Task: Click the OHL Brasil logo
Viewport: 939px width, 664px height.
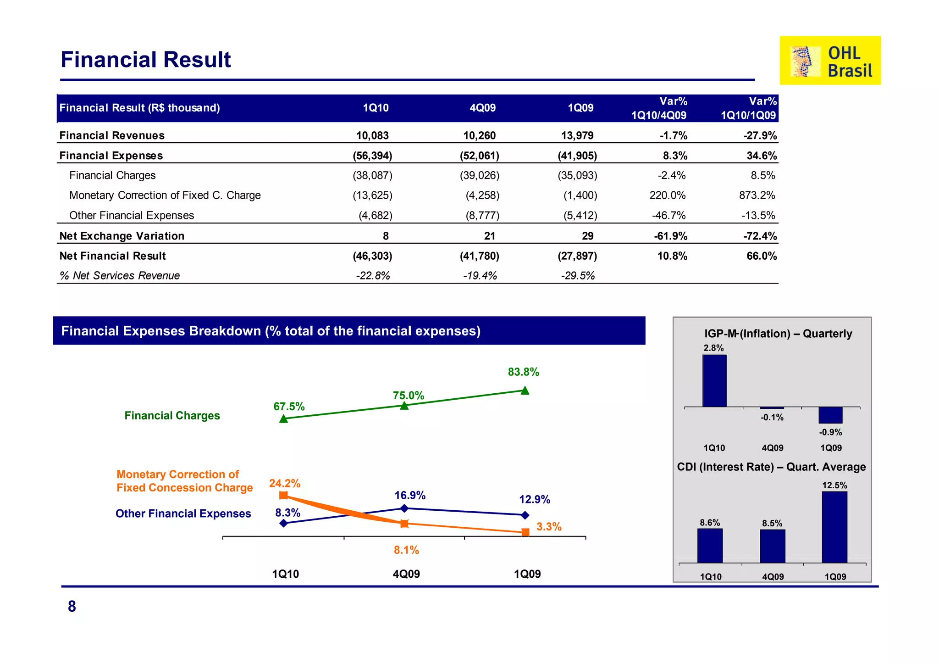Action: pos(830,61)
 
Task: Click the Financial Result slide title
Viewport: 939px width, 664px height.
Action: pos(146,60)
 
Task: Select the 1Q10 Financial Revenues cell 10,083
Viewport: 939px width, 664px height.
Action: pos(372,135)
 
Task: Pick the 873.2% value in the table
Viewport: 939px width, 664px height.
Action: pos(757,195)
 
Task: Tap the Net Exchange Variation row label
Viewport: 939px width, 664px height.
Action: pos(122,236)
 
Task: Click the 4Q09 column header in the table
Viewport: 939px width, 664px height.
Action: pos(482,108)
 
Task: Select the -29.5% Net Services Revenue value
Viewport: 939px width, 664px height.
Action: pos(578,276)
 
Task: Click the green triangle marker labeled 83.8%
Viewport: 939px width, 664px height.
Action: pos(525,391)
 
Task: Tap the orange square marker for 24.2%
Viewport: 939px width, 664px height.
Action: pos(283,495)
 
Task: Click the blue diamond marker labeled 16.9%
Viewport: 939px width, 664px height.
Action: pos(404,508)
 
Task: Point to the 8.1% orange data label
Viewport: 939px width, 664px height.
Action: pos(406,550)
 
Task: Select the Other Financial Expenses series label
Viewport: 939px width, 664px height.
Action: pos(183,513)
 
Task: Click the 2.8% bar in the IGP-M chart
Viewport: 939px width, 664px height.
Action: pos(714,381)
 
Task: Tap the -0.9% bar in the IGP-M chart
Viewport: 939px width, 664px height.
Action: pos(830,415)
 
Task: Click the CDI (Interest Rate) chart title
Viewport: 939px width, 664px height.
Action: pos(771,467)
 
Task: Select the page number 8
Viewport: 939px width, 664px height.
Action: pos(72,606)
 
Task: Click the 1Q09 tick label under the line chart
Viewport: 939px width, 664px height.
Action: pos(527,574)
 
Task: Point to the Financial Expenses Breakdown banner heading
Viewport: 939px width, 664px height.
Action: pos(271,331)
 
